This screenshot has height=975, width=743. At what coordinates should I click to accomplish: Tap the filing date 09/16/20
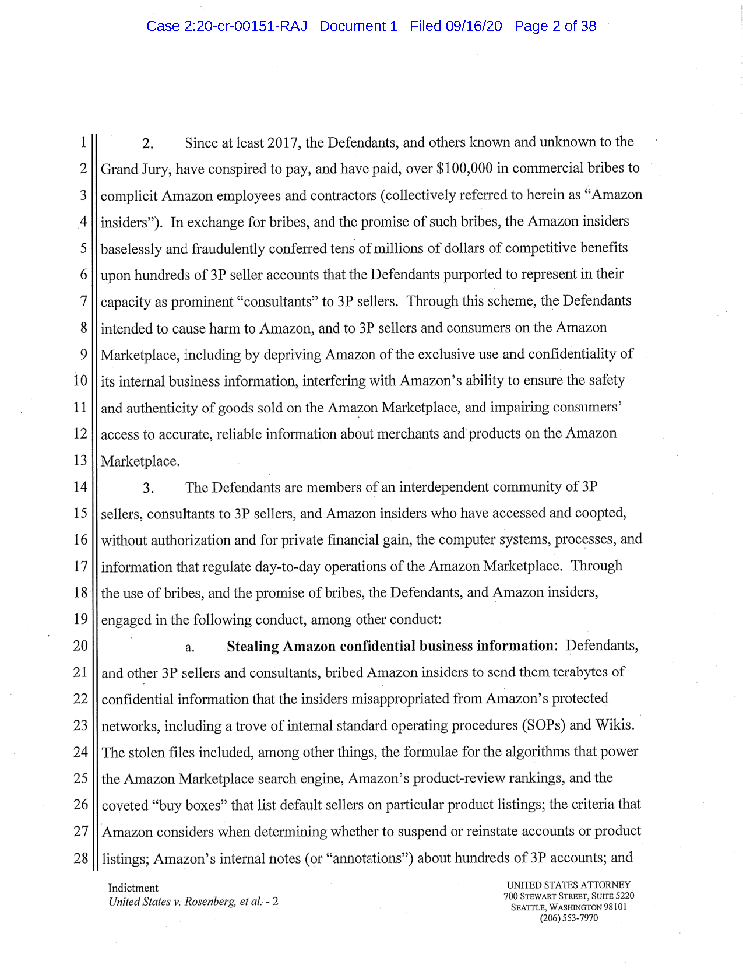(473, 26)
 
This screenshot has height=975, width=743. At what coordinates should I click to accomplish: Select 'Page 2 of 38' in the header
(555, 26)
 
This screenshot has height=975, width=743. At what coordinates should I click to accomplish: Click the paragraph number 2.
(147, 144)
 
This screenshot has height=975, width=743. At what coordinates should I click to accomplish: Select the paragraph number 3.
(148, 489)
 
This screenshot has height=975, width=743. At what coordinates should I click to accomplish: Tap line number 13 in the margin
(80, 461)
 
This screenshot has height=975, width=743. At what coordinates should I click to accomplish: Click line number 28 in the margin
(80, 858)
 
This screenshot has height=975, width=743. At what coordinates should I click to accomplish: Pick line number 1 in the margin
(83, 142)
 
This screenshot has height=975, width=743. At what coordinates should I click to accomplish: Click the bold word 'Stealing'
(252, 647)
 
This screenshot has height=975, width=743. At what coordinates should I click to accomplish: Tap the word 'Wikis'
(614, 725)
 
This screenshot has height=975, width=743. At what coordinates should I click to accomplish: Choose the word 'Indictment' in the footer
(133, 888)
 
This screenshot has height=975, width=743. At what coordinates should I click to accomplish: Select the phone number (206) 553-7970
(569, 918)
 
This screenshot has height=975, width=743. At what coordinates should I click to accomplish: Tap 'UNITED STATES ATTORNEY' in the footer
(569, 885)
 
